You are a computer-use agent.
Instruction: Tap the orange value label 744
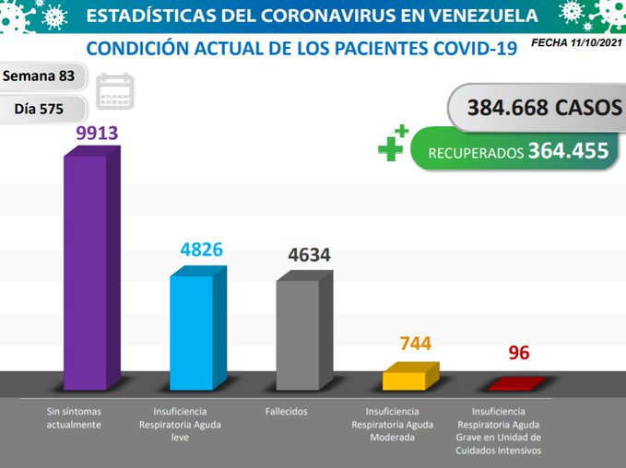415,344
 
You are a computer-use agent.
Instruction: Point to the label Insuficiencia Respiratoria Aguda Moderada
391,424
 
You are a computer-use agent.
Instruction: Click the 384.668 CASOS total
544,108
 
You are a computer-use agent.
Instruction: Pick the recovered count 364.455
568,150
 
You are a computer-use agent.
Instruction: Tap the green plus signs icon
393,143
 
